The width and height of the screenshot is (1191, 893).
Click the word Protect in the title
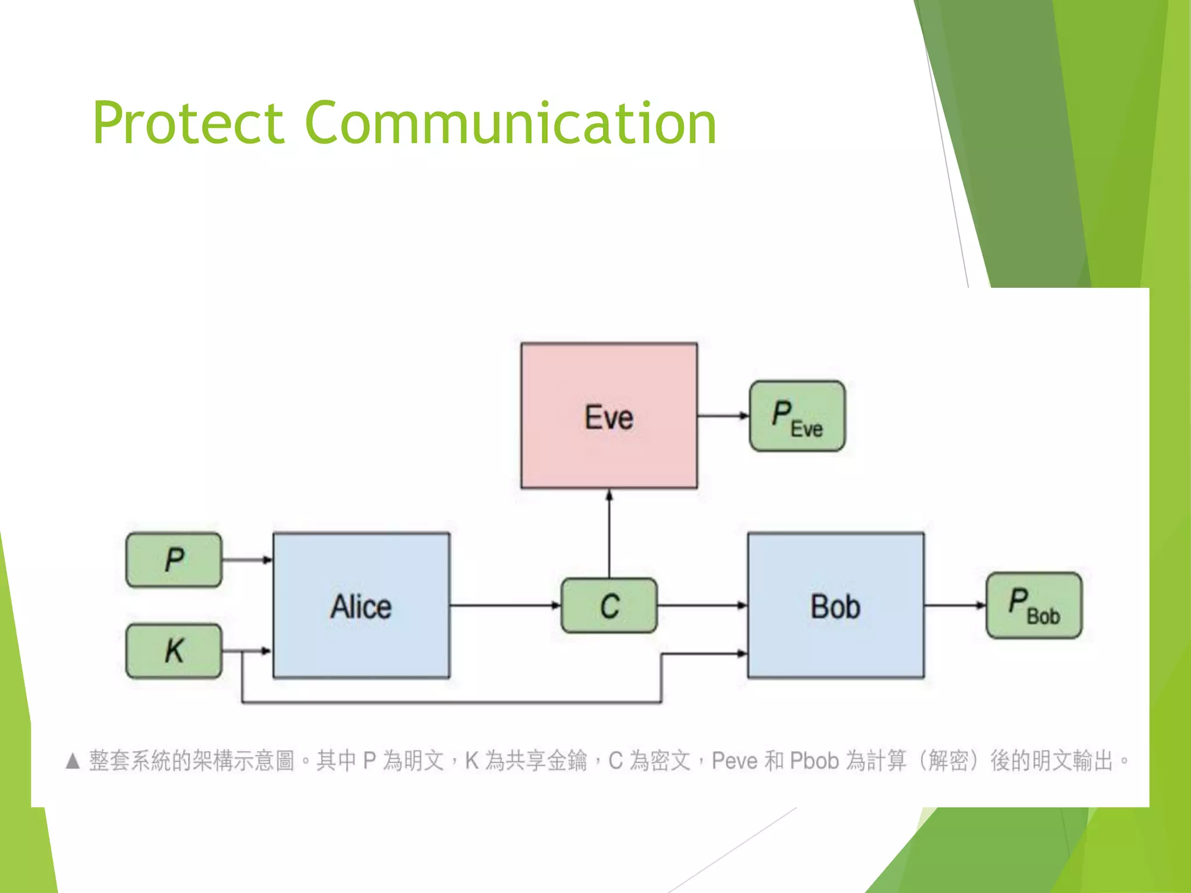(187, 123)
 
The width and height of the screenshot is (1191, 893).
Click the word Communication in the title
(510, 123)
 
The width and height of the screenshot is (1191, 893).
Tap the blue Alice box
(361, 606)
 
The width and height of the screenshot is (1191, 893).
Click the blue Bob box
(836, 606)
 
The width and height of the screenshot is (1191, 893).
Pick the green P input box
(174, 560)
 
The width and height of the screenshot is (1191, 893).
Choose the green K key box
(174, 651)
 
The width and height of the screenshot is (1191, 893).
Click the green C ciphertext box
(609, 606)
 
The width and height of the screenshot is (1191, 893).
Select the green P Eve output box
(797, 416)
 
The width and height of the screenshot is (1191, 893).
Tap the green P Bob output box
(1034, 606)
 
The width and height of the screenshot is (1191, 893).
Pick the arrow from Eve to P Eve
(723, 416)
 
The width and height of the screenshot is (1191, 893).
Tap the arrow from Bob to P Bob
(954, 605)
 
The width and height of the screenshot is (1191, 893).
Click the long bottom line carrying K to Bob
(451, 702)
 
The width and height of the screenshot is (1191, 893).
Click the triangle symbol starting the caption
(73, 761)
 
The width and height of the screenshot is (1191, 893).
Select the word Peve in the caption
(734, 761)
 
